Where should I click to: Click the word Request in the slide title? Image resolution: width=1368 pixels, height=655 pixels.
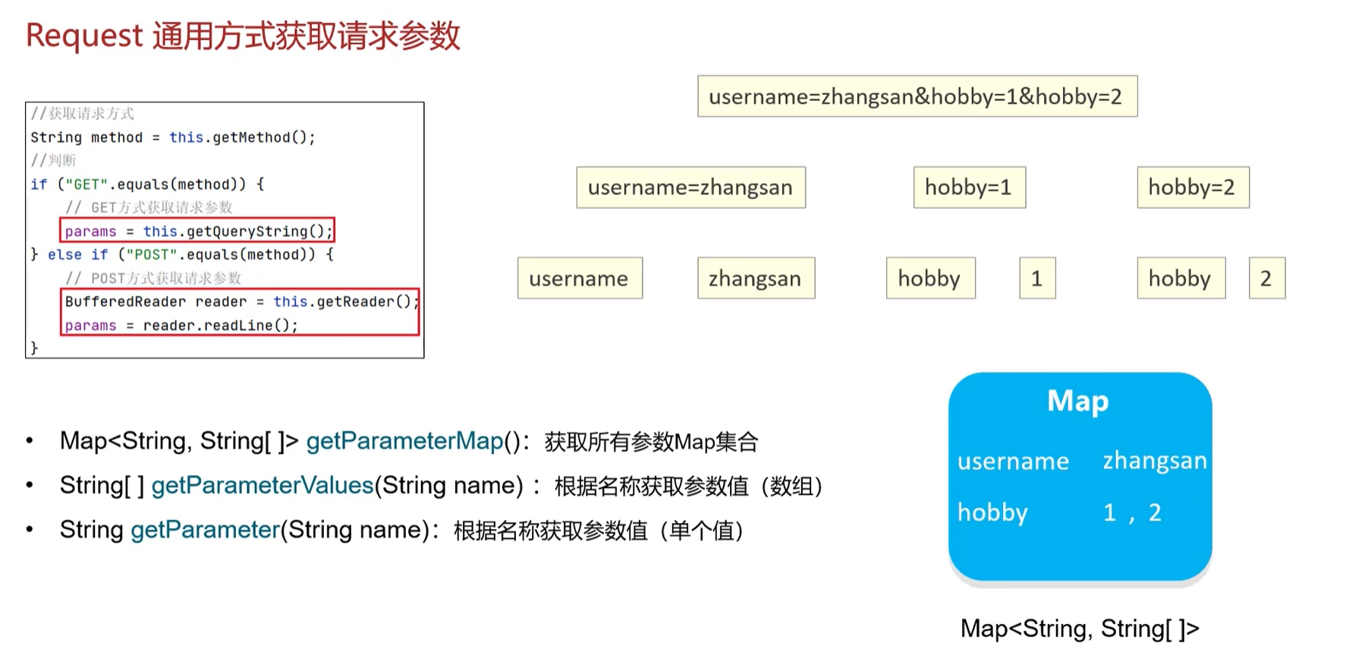[x=84, y=36]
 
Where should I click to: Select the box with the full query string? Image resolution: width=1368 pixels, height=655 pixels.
[x=917, y=96]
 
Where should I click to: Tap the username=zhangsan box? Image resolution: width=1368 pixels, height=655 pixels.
[x=690, y=187]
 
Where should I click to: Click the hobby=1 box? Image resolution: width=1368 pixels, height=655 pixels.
[x=969, y=187]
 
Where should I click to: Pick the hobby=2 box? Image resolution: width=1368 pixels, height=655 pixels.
[x=1192, y=187]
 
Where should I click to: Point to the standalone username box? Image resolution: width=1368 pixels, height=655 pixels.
[x=579, y=279]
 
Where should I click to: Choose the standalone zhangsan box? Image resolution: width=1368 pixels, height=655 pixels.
[x=756, y=279]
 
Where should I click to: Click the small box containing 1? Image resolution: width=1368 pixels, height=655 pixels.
[x=1036, y=279]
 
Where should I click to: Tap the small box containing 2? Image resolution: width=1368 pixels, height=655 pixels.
[x=1266, y=279]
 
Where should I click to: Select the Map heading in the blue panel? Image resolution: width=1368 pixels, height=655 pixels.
[x=1078, y=401]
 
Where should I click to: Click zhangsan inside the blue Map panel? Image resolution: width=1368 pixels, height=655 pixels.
[x=1154, y=461]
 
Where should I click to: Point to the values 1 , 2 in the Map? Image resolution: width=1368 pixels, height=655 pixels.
[x=1132, y=513]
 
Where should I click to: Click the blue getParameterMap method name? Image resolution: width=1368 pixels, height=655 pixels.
[x=404, y=441]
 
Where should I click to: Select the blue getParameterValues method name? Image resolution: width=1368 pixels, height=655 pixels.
[x=262, y=485]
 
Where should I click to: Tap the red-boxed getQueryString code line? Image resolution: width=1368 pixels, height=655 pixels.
[x=198, y=231]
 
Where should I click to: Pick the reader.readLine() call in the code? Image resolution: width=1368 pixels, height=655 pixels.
[x=220, y=326]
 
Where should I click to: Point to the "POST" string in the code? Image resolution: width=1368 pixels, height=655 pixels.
[x=151, y=254]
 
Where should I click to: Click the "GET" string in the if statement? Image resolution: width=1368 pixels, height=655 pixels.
[x=86, y=184]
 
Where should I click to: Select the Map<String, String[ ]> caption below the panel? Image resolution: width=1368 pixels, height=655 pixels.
[x=1079, y=628]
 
